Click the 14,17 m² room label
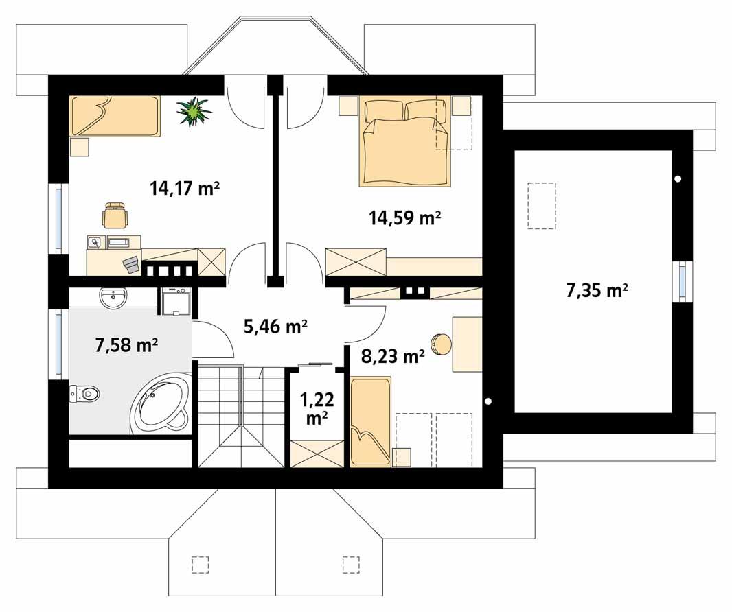[x=184, y=188]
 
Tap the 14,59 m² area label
[x=404, y=218]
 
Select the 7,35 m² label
[x=597, y=291]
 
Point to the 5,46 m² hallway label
[x=275, y=327]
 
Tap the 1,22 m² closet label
[x=315, y=407]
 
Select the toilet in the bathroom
[x=85, y=393]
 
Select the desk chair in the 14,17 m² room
[x=114, y=215]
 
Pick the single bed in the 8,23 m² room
[x=369, y=421]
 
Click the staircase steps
[x=240, y=416]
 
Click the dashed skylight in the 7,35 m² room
[x=542, y=205]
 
